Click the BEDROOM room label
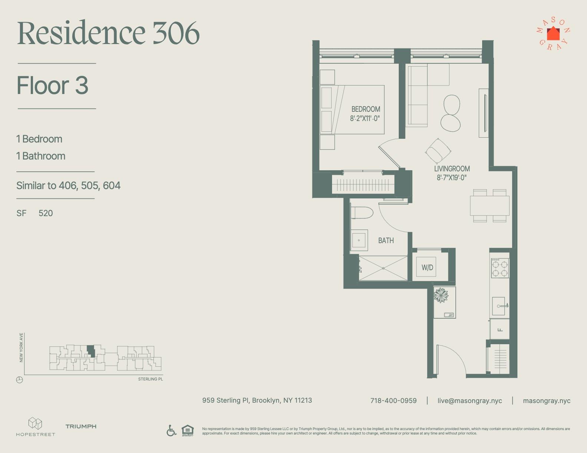pos(365,109)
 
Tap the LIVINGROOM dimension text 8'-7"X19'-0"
pos(451,178)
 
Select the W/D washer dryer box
pos(427,267)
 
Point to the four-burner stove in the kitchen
pos(500,268)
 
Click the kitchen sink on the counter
pos(500,306)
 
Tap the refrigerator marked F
pos(500,329)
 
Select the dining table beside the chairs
pos(490,206)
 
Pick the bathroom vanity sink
pos(359,241)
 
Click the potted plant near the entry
pos(441,295)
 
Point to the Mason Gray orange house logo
pos(553,34)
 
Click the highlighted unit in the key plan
pos(91,350)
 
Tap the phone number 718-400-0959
pos(393,401)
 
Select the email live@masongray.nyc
pos(470,401)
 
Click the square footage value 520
pos(46,213)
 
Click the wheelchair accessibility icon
pos(171,430)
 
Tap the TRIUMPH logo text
pos(81,426)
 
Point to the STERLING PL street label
pos(150,379)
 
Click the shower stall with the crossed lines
pos(383,268)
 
